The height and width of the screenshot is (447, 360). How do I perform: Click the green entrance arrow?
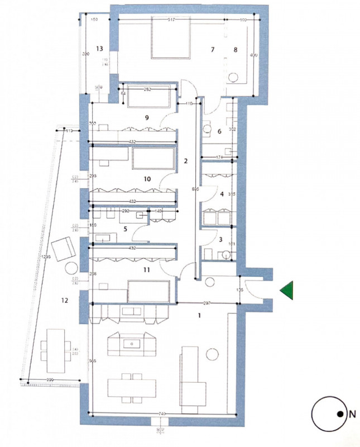tap(288, 292)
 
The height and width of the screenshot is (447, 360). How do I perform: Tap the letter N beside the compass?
tap(352, 414)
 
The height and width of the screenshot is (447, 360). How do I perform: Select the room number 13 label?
tap(100, 49)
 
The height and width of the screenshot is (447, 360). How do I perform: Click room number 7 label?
tap(212, 50)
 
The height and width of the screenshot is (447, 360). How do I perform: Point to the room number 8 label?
tap(236, 50)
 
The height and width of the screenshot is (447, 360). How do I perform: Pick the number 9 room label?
tap(146, 118)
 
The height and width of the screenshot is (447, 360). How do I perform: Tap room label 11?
tap(147, 270)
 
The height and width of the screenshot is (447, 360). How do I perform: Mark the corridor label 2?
tap(186, 161)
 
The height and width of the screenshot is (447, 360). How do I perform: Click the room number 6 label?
tap(219, 131)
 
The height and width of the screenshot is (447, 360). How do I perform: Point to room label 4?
tap(222, 194)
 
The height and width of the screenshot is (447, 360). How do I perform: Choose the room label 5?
tap(125, 229)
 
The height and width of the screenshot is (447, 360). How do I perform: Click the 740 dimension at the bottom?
tap(162, 413)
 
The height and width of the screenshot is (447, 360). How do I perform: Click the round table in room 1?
tap(212, 354)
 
